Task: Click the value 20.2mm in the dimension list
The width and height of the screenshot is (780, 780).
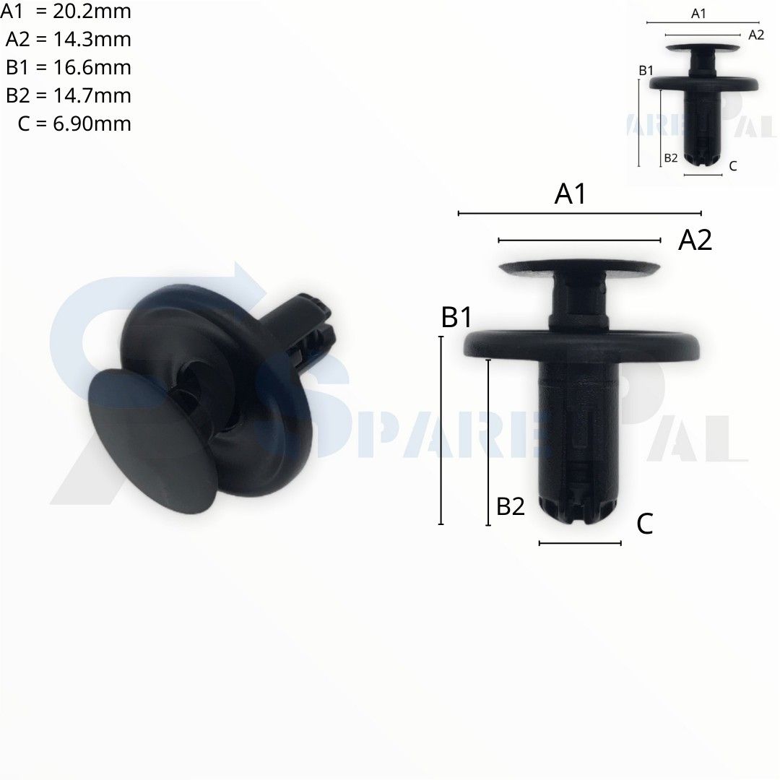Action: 92,11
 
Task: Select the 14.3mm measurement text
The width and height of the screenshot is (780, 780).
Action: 92,39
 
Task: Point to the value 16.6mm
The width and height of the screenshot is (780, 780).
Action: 92,68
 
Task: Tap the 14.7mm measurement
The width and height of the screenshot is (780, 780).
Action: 92,95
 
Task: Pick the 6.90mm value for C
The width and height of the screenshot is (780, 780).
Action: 92,124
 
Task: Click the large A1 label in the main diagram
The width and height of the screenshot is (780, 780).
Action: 570,194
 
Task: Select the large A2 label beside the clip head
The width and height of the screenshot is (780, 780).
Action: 695,240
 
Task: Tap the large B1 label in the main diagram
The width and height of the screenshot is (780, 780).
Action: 456,317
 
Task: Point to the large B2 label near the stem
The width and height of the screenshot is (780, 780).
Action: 511,506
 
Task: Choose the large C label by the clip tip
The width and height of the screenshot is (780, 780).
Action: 645,524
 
